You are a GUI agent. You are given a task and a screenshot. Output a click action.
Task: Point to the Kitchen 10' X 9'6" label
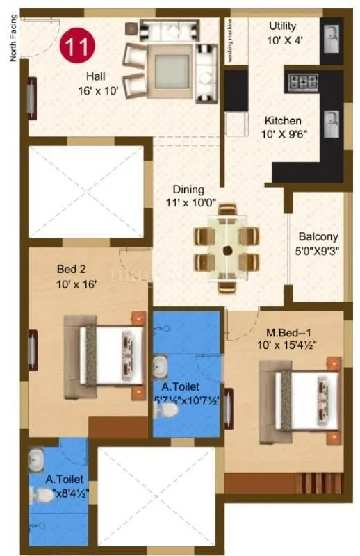(283, 126)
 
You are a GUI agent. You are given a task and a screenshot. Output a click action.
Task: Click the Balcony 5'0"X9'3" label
(318, 243)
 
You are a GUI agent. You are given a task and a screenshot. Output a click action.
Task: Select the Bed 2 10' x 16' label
(76, 276)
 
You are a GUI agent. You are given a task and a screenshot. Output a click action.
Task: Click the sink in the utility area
(332, 35)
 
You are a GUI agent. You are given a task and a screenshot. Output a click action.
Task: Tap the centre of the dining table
(227, 250)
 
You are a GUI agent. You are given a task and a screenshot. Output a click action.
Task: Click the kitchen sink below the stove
(332, 122)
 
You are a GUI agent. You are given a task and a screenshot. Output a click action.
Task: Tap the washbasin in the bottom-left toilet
(37, 459)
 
